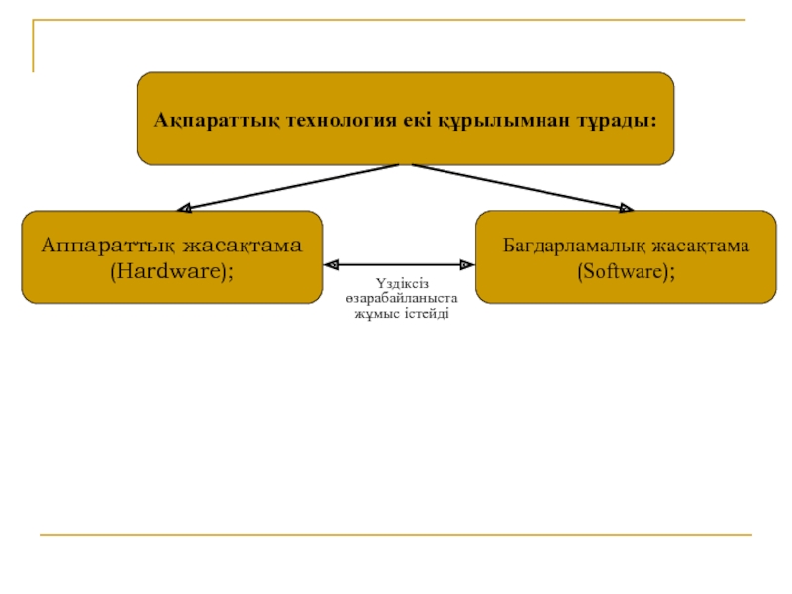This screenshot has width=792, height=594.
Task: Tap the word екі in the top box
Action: pos(417,120)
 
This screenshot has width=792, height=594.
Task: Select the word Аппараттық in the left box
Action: pos(109,246)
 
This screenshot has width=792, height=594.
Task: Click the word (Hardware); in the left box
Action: pos(171,271)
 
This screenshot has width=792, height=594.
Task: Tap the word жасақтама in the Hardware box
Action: pos(243,246)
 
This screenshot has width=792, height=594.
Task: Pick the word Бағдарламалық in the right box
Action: pos(574,246)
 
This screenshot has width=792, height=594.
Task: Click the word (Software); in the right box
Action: pos(627,271)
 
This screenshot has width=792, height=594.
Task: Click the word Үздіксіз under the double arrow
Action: pos(402,283)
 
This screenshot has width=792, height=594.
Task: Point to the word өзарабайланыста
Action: pos(402,299)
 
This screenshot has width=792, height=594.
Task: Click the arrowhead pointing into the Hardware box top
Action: pos(184,208)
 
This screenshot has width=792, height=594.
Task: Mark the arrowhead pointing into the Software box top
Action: pos(627,208)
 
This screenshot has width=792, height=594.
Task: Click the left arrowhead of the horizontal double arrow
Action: pos(332,264)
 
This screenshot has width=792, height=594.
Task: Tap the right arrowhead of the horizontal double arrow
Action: pos(466,264)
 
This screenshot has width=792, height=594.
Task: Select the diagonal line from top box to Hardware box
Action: pos(288,187)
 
